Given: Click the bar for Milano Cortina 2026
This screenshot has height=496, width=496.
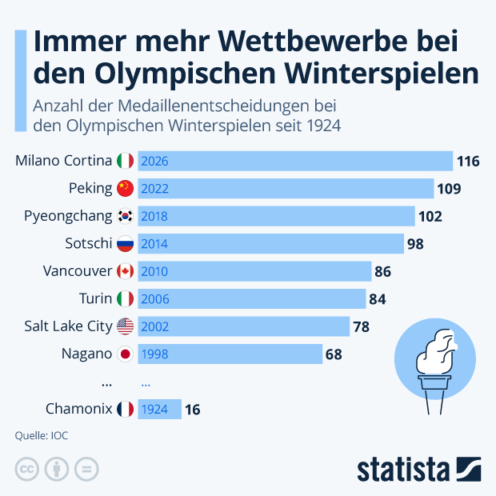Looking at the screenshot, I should (x=295, y=161).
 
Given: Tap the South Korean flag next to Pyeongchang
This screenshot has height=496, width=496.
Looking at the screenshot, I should (x=125, y=216).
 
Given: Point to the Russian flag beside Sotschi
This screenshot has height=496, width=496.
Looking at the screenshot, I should (x=125, y=244).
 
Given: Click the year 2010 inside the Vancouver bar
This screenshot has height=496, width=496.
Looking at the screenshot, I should (x=154, y=271).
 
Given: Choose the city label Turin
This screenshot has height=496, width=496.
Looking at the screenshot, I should (x=95, y=298).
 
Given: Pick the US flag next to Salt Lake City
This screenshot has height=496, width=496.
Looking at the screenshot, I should (x=125, y=326).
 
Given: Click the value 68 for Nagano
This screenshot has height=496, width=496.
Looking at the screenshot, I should (x=334, y=354).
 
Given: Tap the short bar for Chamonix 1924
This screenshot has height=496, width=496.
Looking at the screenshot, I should (x=159, y=409).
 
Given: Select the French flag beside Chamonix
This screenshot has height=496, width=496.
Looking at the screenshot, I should (x=125, y=409).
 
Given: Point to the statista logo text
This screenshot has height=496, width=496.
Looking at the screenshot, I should (x=405, y=469).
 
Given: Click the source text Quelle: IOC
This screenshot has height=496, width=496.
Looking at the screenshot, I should (x=41, y=436).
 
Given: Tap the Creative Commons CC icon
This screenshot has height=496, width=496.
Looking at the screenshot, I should (x=27, y=470).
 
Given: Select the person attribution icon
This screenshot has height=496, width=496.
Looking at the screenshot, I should (x=57, y=470).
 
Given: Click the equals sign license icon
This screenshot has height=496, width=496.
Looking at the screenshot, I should (x=86, y=470).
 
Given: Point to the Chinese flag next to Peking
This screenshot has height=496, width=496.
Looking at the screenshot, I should (x=125, y=189).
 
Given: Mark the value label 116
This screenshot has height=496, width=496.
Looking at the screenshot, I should (x=468, y=162).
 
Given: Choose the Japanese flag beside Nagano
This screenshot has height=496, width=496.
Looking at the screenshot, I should (x=125, y=354).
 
